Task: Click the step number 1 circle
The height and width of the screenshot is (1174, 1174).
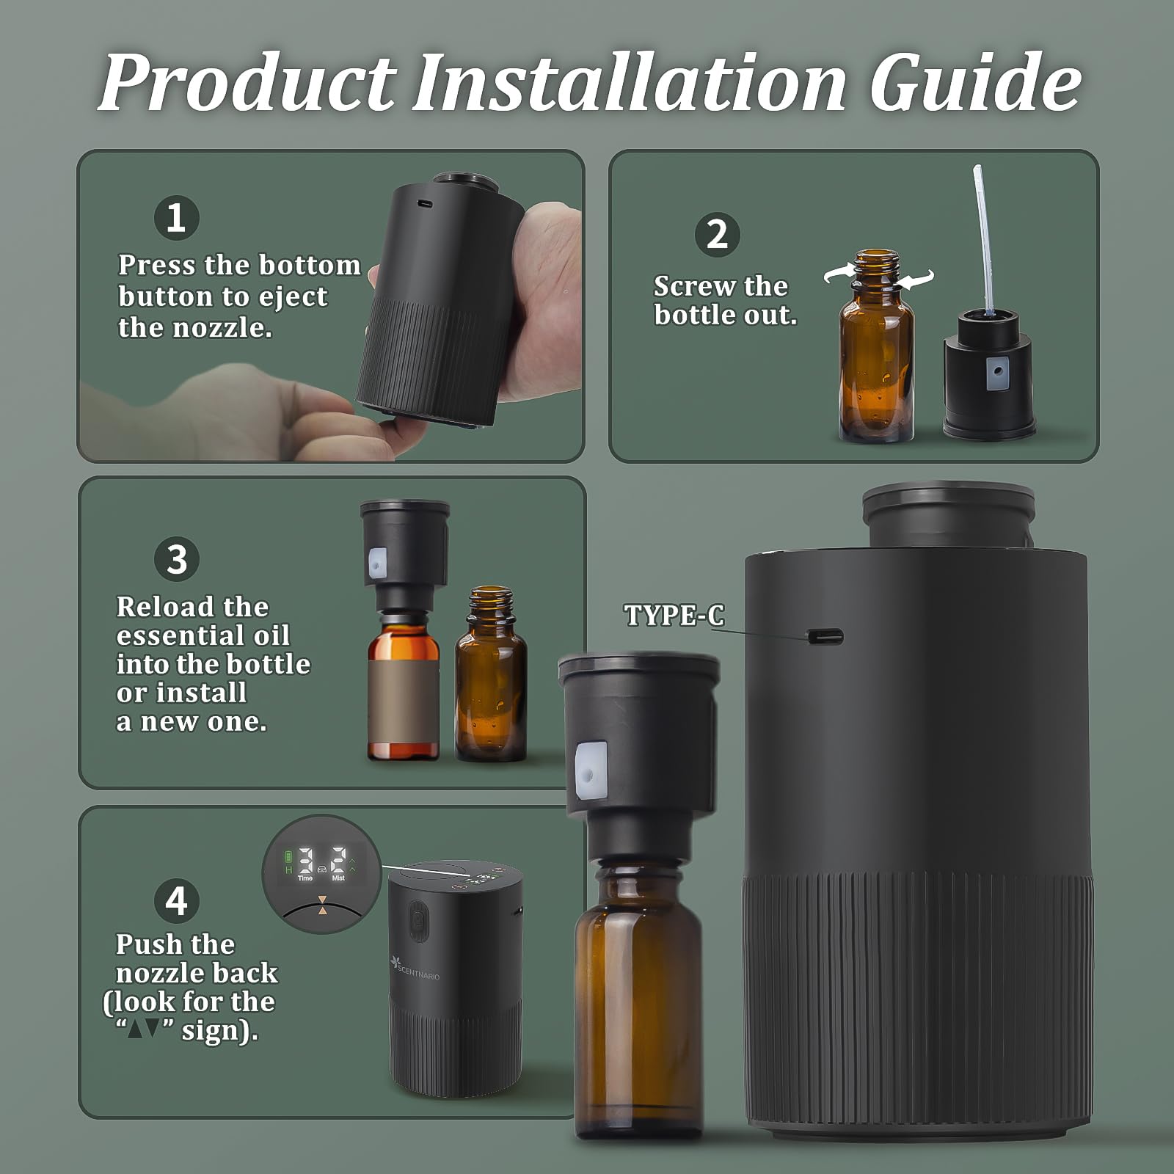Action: click(x=176, y=218)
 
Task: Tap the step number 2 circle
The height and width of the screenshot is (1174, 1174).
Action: click(x=717, y=235)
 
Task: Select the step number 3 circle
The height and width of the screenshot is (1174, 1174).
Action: click(x=177, y=559)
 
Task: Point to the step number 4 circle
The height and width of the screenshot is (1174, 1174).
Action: click(x=177, y=901)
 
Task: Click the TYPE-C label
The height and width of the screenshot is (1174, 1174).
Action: click(x=674, y=615)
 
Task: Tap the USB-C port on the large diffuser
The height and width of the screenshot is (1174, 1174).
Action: click(x=825, y=636)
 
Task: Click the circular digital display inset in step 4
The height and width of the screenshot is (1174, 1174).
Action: click(x=321, y=873)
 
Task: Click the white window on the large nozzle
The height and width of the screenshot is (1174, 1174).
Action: click(x=591, y=770)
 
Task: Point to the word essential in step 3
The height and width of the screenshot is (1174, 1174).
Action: click(x=203, y=635)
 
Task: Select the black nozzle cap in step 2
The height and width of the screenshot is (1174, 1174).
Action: click(x=988, y=378)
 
